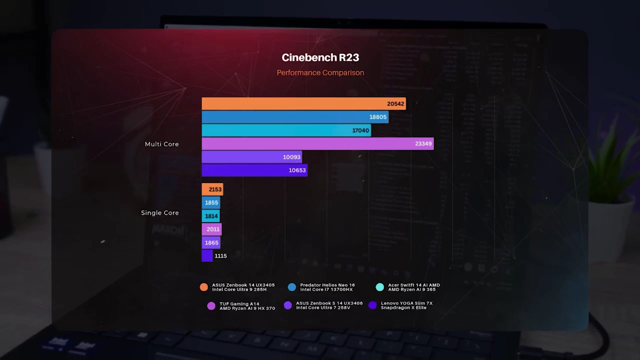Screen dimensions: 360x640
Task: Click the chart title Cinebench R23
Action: click(x=320, y=57)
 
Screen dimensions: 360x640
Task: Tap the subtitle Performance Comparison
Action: click(x=320, y=72)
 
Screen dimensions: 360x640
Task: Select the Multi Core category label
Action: click(x=161, y=144)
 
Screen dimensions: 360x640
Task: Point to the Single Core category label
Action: click(x=159, y=212)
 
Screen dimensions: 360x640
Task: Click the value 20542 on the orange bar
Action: click(x=395, y=104)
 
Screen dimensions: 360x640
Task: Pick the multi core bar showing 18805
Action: click(x=295, y=117)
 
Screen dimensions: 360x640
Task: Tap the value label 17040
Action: click(x=360, y=130)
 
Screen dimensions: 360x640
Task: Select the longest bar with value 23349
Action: click(x=317, y=143)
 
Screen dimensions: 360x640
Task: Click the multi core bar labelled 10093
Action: click(x=251, y=157)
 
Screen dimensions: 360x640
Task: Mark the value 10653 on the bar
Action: click(x=297, y=170)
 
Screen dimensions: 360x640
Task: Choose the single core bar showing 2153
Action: click(x=212, y=189)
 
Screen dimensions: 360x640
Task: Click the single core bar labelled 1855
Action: click(x=211, y=202)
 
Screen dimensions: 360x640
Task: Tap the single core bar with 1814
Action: click(x=210, y=216)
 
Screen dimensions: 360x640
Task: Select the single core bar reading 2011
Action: click(x=211, y=229)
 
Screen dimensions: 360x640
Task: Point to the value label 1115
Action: click(x=220, y=256)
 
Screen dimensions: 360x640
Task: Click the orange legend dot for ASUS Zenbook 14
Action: click(x=203, y=287)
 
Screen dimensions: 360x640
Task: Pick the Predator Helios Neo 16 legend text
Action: click(x=327, y=287)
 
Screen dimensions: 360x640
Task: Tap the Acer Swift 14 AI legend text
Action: click(x=413, y=287)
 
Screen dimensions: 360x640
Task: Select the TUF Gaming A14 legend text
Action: click(x=247, y=305)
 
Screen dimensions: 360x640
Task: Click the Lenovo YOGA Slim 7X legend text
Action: click(x=406, y=305)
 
